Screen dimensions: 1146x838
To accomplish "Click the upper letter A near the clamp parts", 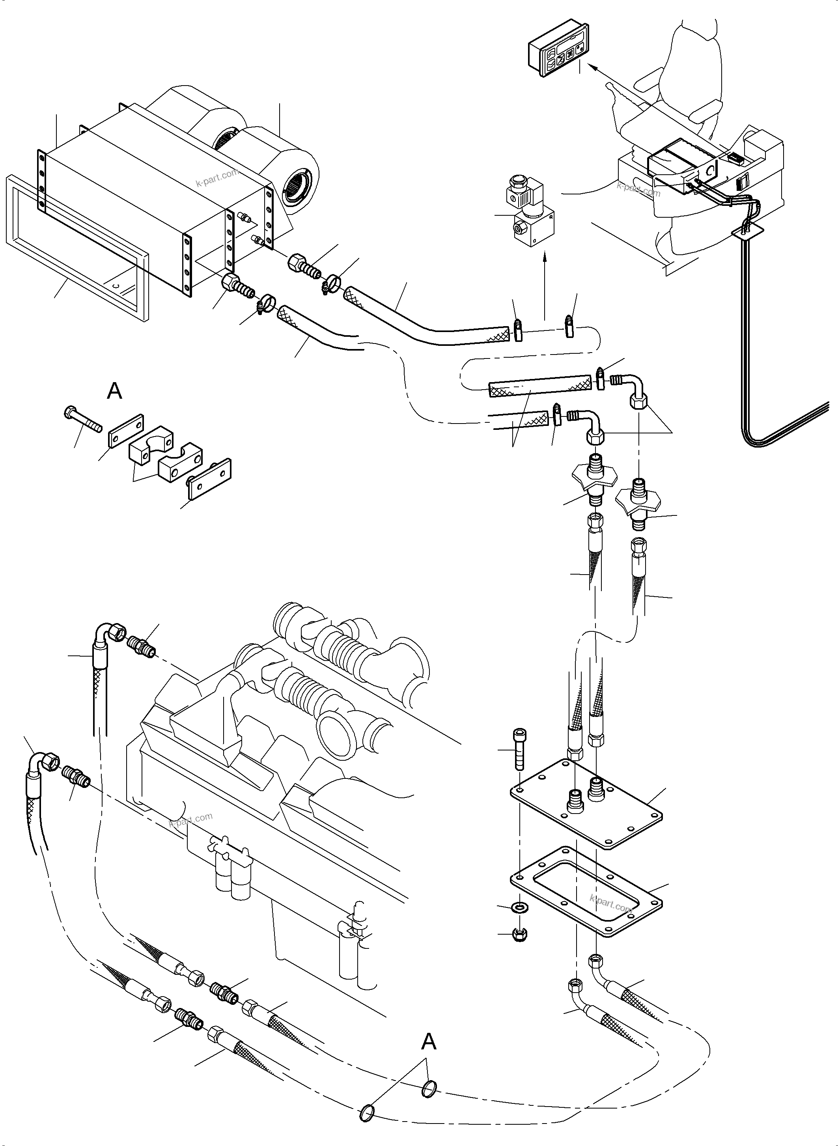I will tap(115, 392).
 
